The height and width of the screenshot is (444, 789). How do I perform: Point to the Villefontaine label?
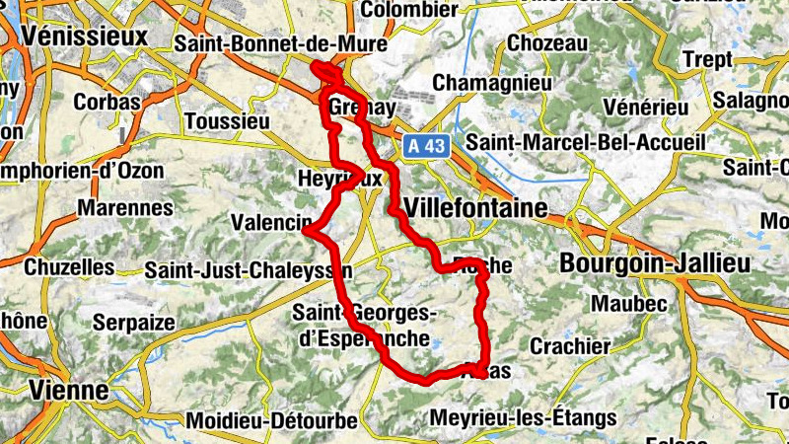[475, 208]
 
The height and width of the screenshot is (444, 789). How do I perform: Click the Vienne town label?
[69, 390]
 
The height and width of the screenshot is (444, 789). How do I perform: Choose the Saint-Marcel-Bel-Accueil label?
[586, 142]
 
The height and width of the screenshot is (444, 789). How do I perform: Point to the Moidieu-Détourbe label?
[271, 420]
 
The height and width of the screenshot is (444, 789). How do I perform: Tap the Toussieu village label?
[226, 121]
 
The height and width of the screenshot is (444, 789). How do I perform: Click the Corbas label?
[102, 101]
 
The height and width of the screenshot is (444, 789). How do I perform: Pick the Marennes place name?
[125, 208]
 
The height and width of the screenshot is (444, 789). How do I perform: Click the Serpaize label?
[134, 322]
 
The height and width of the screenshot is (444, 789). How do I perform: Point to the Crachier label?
[570, 346]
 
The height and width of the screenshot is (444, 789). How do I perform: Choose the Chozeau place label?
[546, 43]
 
